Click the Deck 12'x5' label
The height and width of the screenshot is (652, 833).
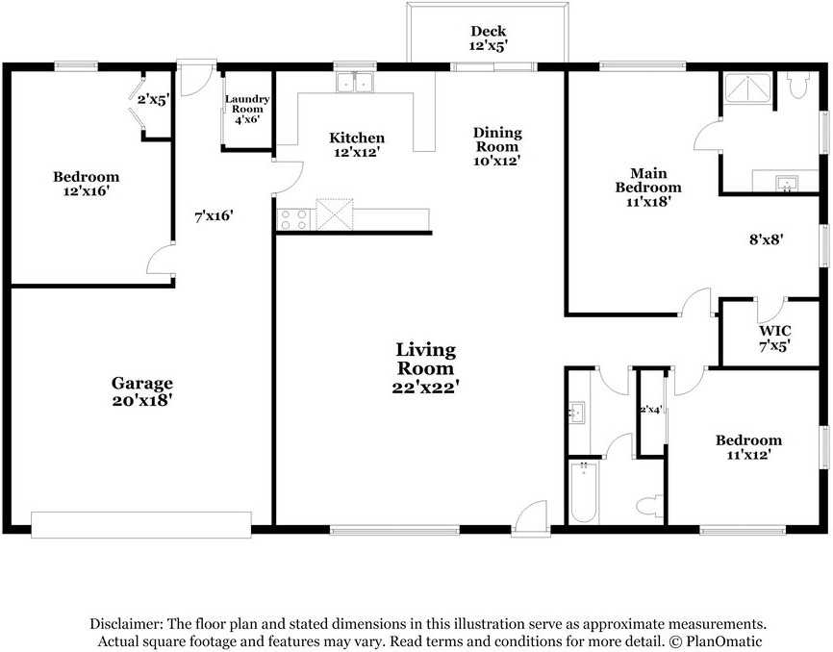pyautogui.click(x=489, y=38)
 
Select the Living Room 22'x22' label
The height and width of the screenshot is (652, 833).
pyautogui.click(x=426, y=367)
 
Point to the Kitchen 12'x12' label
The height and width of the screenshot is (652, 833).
pyautogui.click(x=357, y=144)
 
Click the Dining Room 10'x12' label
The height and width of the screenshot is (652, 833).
pyautogui.click(x=497, y=146)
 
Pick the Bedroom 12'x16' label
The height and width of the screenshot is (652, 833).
pyautogui.click(x=87, y=184)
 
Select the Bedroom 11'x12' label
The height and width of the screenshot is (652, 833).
pyautogui.click(x=748, y=448)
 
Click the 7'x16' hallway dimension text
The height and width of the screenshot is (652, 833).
pyautogui.click(x=214, y=216)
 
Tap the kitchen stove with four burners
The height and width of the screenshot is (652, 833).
pyautogui.click(x=292, y=219)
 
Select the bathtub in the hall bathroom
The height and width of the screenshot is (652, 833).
pyautogui.click(x=583, y=491)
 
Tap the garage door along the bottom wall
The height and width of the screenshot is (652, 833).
pyautogui.click(x=141, y=524)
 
